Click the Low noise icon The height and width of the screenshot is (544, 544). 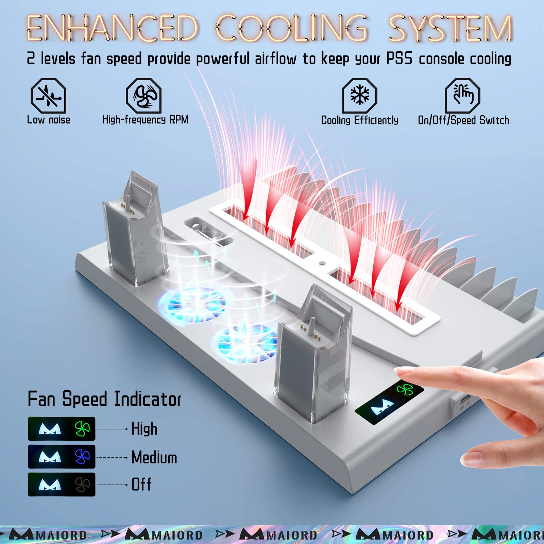coord(48,96)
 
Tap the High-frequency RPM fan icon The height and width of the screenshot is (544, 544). coord(143,96)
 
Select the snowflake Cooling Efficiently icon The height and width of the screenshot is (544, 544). coord(359,96)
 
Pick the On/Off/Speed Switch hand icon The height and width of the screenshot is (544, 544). coord(462,96)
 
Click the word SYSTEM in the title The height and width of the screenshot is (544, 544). coord(451,28)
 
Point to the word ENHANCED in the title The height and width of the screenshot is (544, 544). coord(112,28)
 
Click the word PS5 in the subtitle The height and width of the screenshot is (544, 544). coord(399,59)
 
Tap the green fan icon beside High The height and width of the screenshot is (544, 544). coord(82,429)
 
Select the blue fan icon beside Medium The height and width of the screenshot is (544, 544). coord(82,457)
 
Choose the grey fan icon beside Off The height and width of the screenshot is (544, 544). coord(82,485)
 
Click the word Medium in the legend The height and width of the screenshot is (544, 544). coord(154,457)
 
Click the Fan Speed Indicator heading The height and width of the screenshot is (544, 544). coord(104,399)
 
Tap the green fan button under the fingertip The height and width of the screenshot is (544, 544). coord(405,389)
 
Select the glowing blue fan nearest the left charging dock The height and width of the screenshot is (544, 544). coord(192,305)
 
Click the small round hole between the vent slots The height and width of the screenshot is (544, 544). coord(322,263)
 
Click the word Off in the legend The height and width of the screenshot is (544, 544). coord(141,485)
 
